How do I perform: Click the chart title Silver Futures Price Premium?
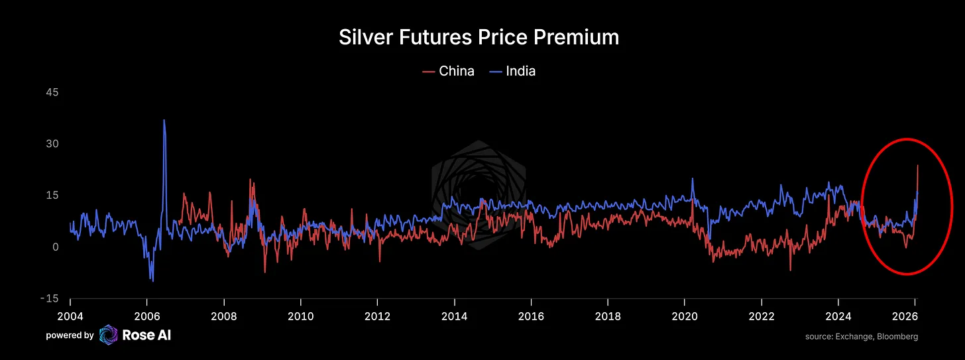[479, 37]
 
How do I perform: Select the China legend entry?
[456, 71]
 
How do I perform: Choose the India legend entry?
[520, 71]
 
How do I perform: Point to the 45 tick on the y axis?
[52, 92]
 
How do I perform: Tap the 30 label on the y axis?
[52, 144]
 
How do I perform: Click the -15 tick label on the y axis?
[49, 298]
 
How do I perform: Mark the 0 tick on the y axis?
[56, 247]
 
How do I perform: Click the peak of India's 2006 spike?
[164, 121]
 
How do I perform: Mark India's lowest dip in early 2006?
[153, 281]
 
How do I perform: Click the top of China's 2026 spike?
[917, 166]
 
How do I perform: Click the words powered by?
[70, 336]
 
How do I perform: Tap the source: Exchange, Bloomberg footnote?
[862, 337]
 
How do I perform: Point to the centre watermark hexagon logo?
[479, 196]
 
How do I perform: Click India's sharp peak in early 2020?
[693, 178]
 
